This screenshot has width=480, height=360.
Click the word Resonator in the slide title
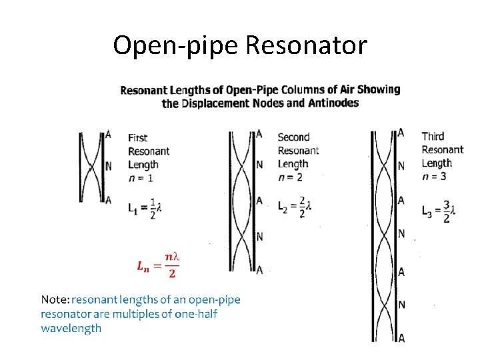(306, 45)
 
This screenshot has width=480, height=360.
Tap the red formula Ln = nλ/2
(159, 265)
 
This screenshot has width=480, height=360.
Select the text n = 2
(290, 177)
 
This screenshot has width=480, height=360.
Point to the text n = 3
(434, 176)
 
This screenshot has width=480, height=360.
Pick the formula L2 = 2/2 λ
(295, 207)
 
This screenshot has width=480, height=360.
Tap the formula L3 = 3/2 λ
(439, 212)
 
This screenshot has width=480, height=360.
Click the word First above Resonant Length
(138, 138)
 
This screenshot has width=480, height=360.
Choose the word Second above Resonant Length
(293, 137)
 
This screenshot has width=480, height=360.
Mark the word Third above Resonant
(433, 137)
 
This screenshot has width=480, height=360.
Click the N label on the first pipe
(109, 166)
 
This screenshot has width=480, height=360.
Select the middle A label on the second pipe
(259, 200)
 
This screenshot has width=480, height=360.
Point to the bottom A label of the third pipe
(401, 338)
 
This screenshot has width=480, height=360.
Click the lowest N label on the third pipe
(401, 305)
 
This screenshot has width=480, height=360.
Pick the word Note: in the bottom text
(55, 300)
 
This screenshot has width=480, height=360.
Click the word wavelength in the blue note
(71, 328)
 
